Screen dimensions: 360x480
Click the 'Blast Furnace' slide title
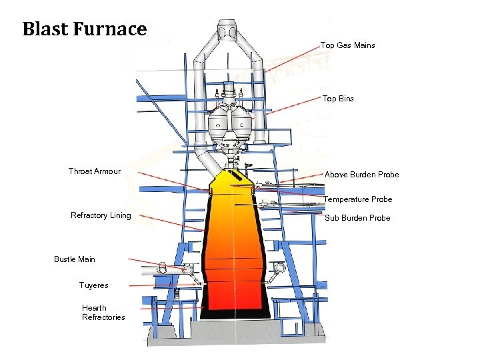84,29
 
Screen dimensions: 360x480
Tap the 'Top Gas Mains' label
347,45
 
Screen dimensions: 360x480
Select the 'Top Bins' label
338,99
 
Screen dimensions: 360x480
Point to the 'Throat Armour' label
94,171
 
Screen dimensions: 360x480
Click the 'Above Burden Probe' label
361,175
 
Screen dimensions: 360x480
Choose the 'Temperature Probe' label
357,199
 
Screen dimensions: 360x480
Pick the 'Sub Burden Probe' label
357,218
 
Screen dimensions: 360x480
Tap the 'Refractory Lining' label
101,215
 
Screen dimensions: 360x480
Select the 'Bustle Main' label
75,259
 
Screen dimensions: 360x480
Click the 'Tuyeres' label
93,285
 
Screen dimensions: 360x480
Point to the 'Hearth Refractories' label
103,313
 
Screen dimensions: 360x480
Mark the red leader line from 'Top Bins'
293,107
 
